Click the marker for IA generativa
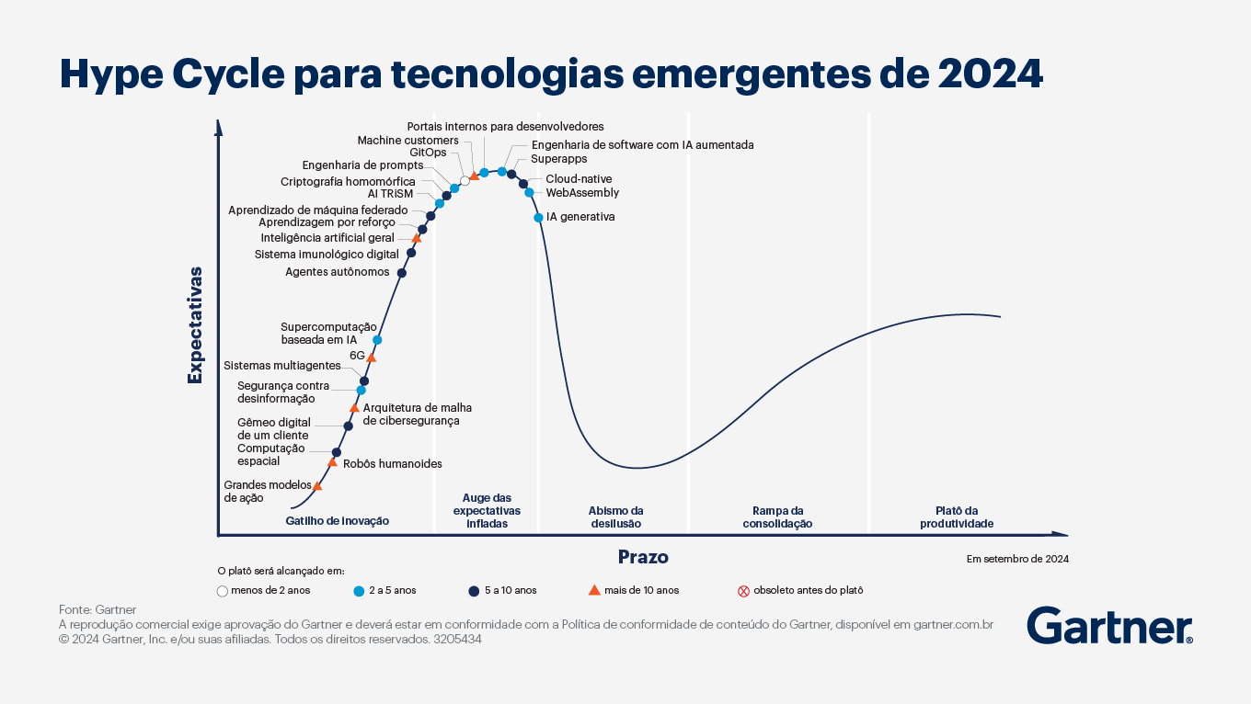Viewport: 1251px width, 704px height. [538, 218]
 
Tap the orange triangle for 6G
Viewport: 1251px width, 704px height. [372, 358]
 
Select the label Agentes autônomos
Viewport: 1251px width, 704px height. [337, 272]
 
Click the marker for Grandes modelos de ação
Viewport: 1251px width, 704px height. [317, 486]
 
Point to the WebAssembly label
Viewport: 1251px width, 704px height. [582, 193]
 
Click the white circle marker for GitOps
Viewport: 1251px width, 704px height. [465, 181]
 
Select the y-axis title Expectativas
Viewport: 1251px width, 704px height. [195, 325]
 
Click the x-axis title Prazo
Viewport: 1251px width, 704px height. [643, 557]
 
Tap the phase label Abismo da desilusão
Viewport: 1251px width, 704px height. [614, 517]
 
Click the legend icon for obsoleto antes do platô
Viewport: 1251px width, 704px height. [744, 591]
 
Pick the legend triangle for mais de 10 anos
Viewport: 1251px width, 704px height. [594, 590]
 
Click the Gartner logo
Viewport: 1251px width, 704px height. [1109, 626]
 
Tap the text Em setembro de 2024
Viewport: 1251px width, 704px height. [1016, 559]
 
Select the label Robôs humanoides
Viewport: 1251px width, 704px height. [392, 464]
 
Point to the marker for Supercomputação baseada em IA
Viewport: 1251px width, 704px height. [377, 340]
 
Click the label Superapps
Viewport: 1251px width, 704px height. [553, 159]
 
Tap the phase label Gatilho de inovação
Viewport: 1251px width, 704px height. [338, 521]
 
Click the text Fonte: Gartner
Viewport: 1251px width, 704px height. [98, 609]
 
